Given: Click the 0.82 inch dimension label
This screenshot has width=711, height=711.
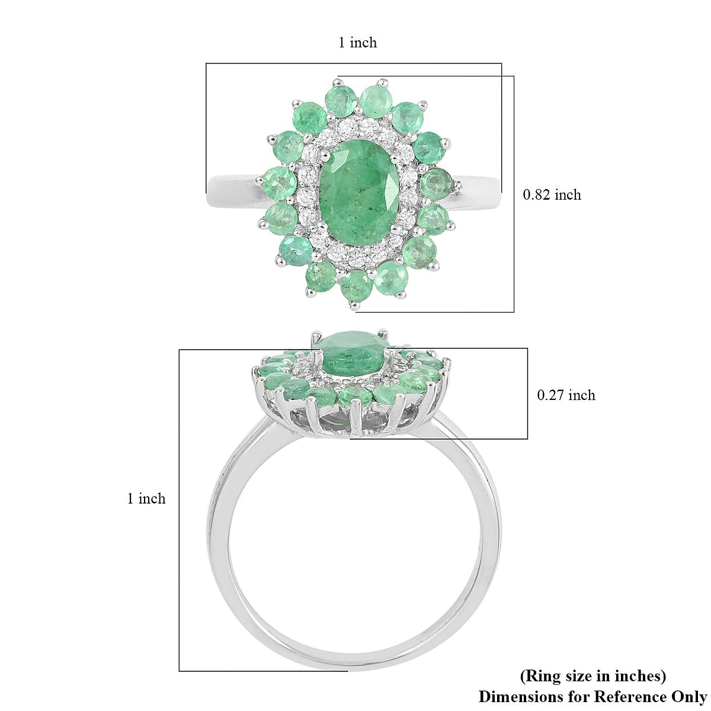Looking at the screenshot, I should click(x=552, y=194).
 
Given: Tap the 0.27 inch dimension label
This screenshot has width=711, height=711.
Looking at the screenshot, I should click(x=566, y=395).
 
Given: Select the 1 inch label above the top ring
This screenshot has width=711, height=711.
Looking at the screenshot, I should click(x=357, y=43).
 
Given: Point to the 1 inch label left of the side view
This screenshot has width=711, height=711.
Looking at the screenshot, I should click(x=146, y=499).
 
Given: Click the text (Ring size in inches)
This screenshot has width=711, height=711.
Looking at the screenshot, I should click(x=592, y=676).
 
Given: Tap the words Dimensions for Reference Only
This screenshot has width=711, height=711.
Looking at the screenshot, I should click(x=592, y=696).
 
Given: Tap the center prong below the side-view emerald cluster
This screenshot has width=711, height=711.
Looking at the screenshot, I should click(x=355, y=418).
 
